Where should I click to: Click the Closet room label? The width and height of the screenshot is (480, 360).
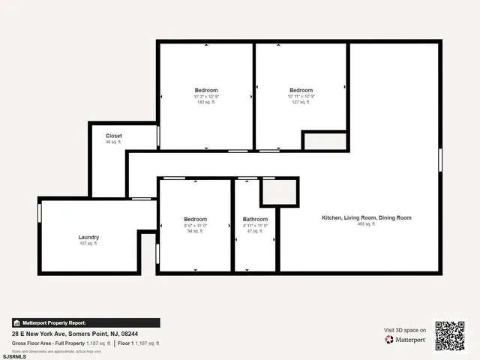point(114,136)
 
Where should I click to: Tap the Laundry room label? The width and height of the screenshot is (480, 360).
point(88,237)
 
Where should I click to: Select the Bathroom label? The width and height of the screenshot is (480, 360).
point(255,219)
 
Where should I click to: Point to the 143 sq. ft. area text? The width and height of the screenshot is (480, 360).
point(205,102)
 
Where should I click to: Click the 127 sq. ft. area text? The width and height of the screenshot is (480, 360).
point(301,102)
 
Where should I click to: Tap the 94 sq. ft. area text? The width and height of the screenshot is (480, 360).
point(195,231)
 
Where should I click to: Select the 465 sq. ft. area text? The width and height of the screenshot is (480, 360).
point(367,224)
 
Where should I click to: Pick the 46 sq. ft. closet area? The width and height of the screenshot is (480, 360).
point(114,142)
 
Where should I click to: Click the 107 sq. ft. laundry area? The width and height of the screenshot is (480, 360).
point(88,243)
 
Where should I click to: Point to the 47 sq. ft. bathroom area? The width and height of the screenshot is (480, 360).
point(255,231)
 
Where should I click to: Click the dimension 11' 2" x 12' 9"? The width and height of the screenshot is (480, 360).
point(205,96)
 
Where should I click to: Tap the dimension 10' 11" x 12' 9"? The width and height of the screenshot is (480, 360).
point(301,96)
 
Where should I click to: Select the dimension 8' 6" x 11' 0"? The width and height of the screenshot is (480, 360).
point(195,225)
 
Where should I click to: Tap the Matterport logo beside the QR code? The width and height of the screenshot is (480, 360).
point(406,340)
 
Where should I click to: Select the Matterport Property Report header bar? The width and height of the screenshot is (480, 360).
point(85,322)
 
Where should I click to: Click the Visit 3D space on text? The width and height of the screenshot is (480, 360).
point(405,330)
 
